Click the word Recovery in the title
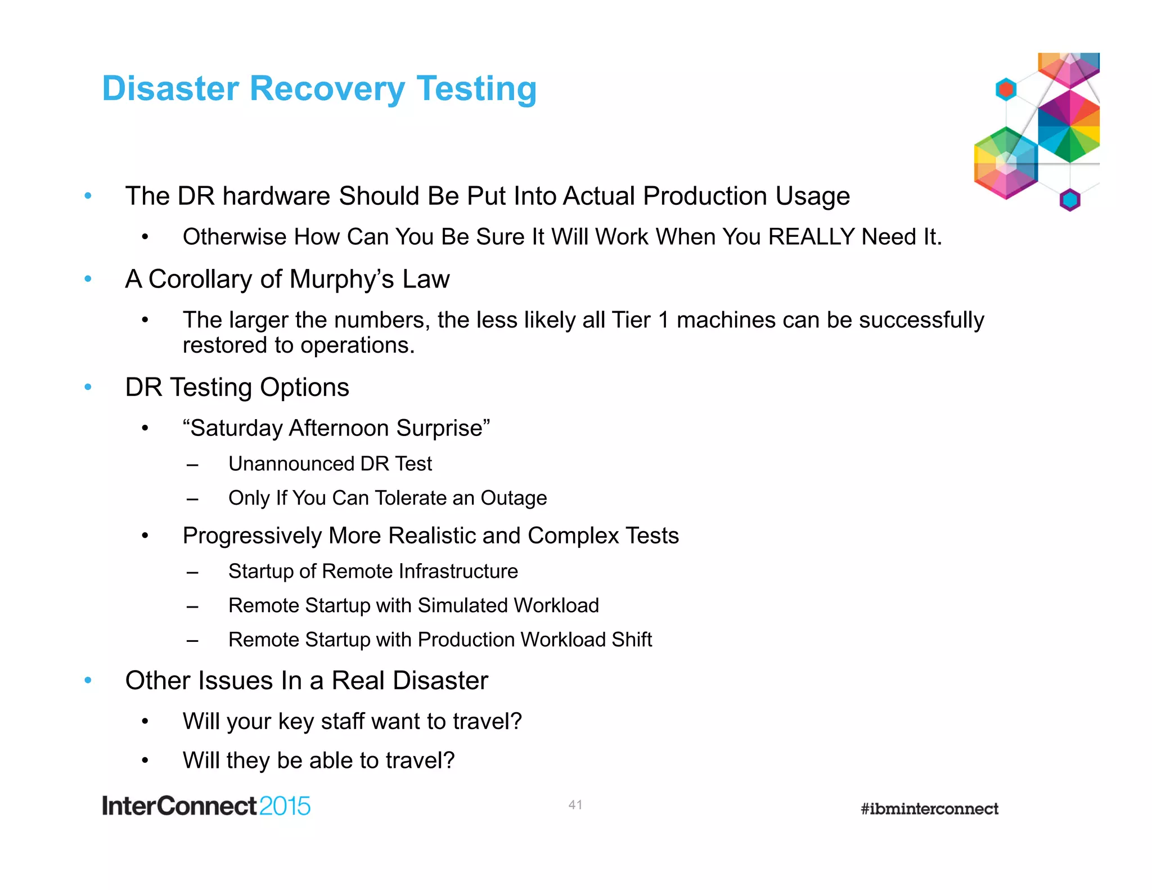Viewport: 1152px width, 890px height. pyautogui.click(x=327, y=89)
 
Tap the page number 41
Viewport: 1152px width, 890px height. pyautogui.click(x=575, y=804)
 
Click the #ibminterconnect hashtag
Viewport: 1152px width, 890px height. pyautogui.click(x=929, y=809)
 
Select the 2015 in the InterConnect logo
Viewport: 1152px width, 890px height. pyautogui.click(x=285, y=806)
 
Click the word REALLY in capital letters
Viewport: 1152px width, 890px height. pyautogui.click(x=812, y=237)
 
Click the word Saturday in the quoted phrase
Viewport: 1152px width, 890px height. pyautogui.click(x=236, y=428)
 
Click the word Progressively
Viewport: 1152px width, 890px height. pyautogui.click(x=252, y=536)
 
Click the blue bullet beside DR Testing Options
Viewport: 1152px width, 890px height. pyautogui.click(x=88, y=387)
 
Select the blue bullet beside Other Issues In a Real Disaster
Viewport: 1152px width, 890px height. pyautogui.click(x=88, y=681)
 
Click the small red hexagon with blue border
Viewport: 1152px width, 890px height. pyautogui.click(x=1006, y=89)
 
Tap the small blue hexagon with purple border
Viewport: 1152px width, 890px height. pyautogui.click(x=1069, y=200)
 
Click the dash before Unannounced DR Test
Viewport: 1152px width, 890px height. pyautogui.click(x=192, y=465)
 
